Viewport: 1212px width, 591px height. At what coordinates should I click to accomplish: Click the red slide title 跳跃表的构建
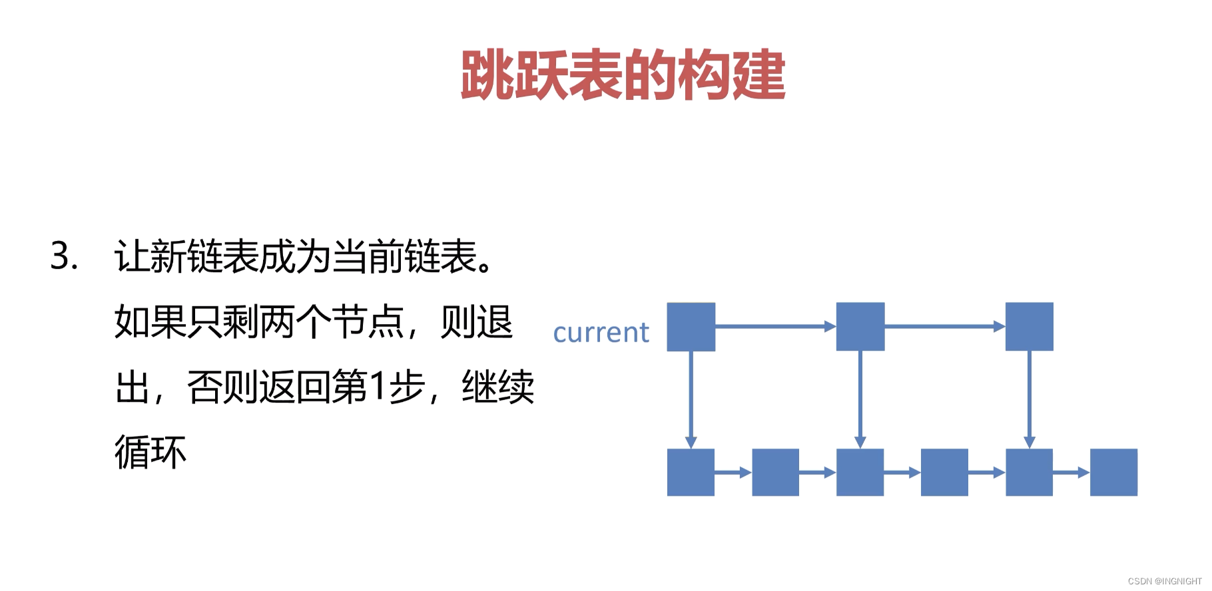point(623,75)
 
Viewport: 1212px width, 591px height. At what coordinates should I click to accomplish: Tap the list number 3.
point(64,256)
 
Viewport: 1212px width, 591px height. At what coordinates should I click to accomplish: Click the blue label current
point(601,332)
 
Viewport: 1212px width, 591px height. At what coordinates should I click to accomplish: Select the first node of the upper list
point(691,327)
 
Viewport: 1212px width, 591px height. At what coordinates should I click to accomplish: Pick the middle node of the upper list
point(860,327)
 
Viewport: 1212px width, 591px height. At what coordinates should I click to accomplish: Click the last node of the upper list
point(1029,327)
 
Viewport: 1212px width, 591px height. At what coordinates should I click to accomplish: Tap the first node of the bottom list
point(691,473)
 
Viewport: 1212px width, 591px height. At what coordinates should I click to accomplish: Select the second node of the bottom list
point(775,473)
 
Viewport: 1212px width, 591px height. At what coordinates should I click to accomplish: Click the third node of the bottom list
point(860,473)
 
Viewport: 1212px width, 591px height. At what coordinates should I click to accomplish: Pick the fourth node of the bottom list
point(944,473)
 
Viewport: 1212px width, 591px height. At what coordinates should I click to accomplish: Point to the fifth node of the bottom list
point(1029,473)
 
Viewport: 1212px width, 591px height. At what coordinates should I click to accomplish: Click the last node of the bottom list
point(1113,473)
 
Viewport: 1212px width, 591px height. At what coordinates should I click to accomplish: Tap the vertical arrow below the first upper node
point(691,399)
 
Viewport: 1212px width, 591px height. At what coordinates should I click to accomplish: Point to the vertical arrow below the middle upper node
point(860,399)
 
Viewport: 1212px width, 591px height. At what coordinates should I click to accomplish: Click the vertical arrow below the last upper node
point(1029,399)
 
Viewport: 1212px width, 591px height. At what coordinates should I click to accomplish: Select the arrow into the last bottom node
point(1071,473)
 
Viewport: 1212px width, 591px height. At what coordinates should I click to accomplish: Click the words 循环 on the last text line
point(151,453)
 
